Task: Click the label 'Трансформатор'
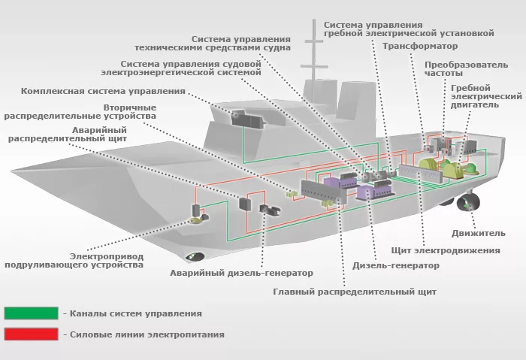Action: click(x=415, y=46)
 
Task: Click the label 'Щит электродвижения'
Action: click(x=446, y=250)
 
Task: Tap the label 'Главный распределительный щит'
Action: click(x=354, y=291)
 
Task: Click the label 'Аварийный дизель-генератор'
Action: click(x=241, y=273)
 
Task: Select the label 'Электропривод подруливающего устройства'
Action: click(x=74, y=260)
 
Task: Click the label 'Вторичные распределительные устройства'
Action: click(x=80, y=111)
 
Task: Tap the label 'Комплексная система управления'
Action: click(x=103, y=91)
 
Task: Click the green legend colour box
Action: click(x=31, y=313)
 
